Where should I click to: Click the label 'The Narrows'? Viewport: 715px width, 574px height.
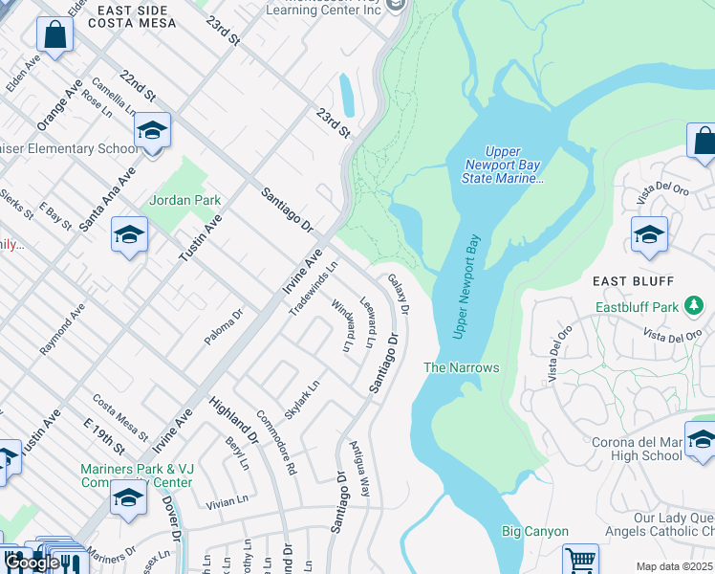(462, 367)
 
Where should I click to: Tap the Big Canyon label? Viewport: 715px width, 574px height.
(535, 531)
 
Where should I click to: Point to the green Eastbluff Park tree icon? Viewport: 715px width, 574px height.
(695, 307)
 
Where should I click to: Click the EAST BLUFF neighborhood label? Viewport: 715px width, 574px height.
(634, 281)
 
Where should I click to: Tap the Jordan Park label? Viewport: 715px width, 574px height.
(185, 200)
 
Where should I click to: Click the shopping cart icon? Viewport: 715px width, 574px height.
(580, 559)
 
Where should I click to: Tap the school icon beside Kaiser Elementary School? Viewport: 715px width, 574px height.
(152, 131)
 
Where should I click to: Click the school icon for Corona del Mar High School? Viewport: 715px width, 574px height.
(700, 439)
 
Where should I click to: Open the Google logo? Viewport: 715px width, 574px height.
(32, 562)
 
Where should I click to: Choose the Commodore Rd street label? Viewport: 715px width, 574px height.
(276, 443)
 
